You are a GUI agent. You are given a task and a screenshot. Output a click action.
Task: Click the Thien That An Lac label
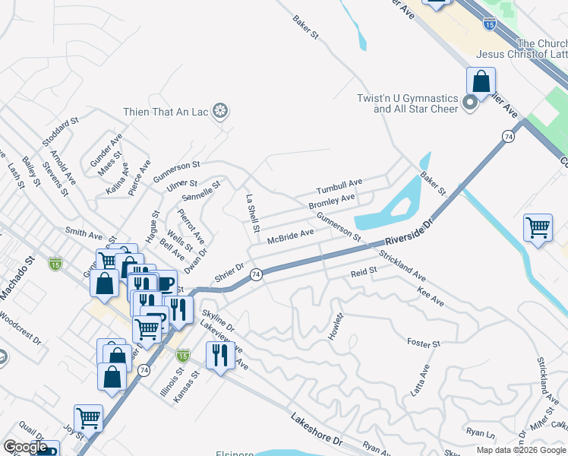click(166, 112)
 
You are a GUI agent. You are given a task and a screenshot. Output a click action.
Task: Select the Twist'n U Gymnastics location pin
click(470, 103)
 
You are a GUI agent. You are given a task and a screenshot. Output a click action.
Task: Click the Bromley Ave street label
click(332, 202)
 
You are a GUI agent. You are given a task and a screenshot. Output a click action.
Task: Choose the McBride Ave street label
click(290, 236)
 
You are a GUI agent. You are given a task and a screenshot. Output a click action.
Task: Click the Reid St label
click(364, 272)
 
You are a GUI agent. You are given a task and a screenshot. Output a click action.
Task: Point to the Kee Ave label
click(431, 296)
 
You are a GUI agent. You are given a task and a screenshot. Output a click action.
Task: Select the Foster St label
click(424, 343)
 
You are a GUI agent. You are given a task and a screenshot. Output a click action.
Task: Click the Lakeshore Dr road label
click(317, 429)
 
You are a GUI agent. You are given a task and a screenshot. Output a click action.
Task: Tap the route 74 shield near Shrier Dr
click(257, 274)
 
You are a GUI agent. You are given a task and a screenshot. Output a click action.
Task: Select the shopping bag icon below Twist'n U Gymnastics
click(481, 80)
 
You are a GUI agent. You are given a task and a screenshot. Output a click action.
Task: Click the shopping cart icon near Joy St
click(88, 416)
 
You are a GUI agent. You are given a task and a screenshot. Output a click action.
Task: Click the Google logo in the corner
click(25, 448)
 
